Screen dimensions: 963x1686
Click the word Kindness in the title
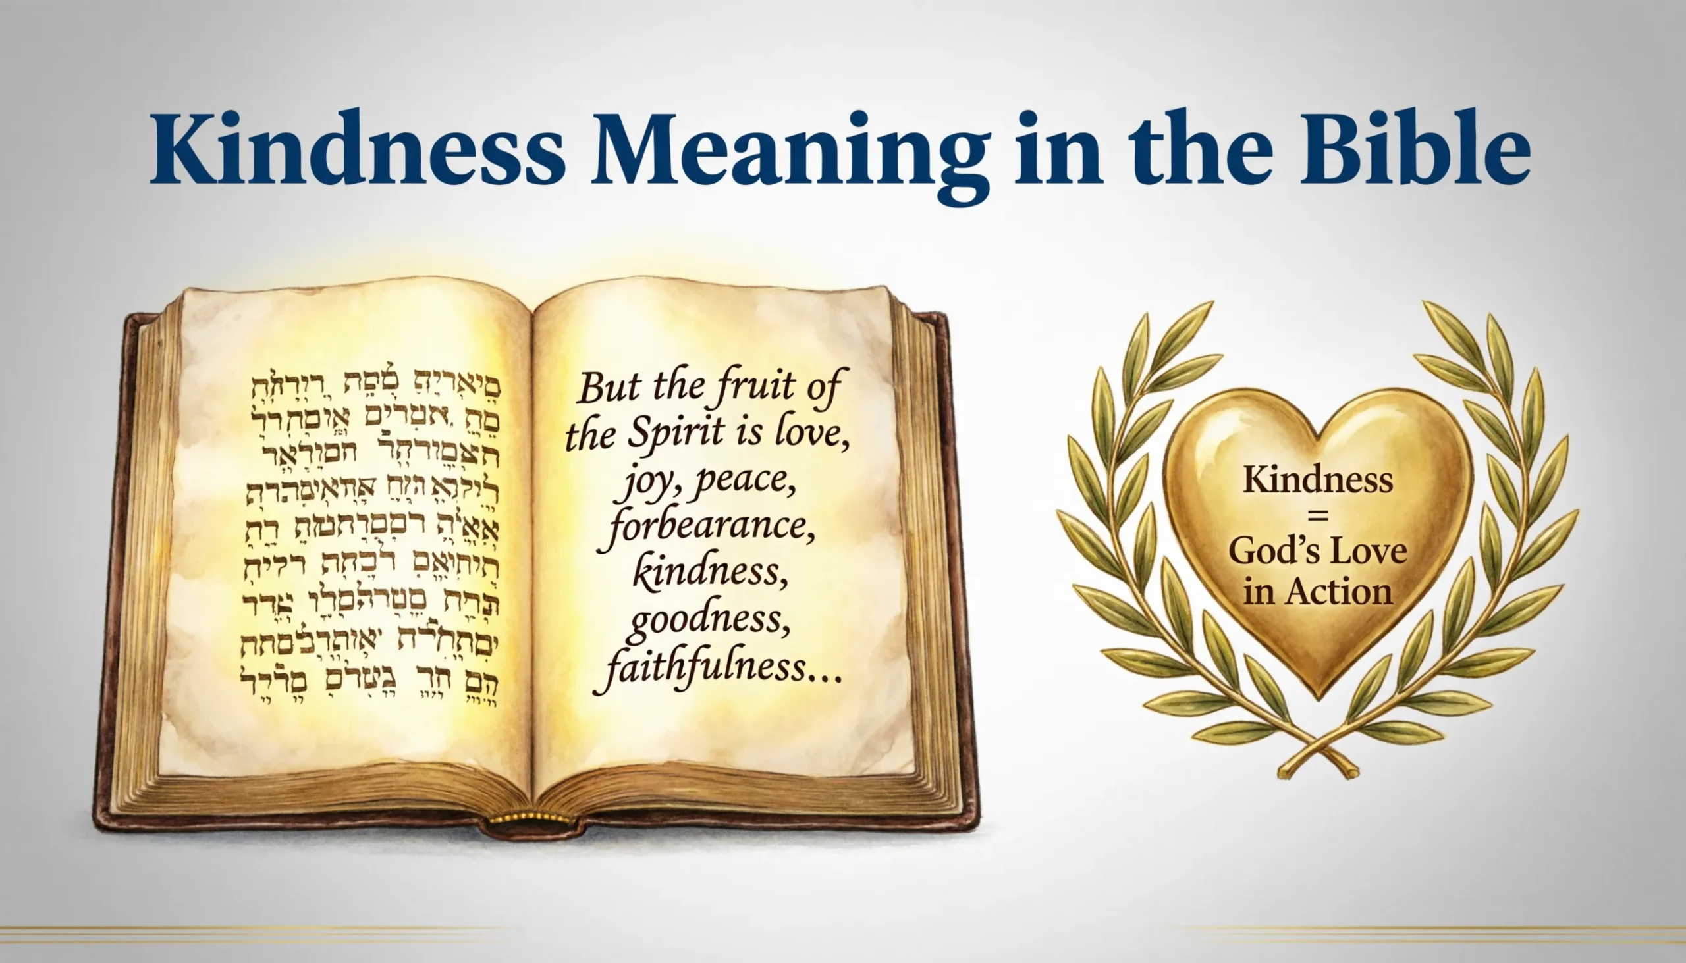358,149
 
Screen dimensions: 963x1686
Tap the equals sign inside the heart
1317,516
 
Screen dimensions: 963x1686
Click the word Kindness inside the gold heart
1317,479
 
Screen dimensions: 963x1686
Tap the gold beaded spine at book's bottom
530,819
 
